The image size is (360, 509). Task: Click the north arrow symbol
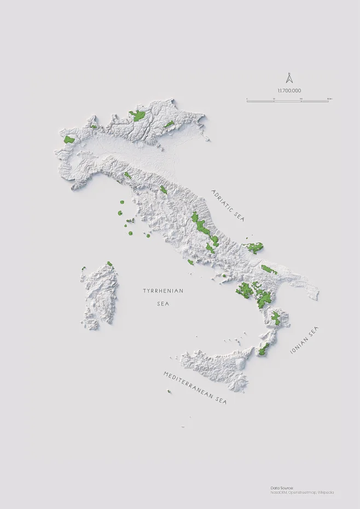click(x=289, y=78)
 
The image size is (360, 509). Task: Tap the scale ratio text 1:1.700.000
click(x=289, y=90)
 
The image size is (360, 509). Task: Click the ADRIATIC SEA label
click(x=228, y=205)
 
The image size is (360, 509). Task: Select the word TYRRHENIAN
click(x=163, y=291)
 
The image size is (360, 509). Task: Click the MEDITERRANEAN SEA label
click(x=194, y=387)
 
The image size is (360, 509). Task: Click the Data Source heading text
click(x=282, y=487)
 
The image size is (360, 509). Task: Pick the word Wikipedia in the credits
click(x=326, y=492)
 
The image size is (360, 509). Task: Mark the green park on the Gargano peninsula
click(x=255, y=248)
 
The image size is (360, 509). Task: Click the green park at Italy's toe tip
click(x=264, y=349)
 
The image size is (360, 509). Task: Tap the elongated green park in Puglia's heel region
click(x=269, y=269)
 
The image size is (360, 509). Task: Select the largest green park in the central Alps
click(x=137, y=115)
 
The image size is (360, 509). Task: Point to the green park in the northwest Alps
click(x=69, y=140)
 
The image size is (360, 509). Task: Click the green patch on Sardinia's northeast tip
click(x=109, y=264)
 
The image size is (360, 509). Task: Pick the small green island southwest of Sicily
click(x=169, y=391)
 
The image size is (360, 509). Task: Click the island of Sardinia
click(x=100, y=293)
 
